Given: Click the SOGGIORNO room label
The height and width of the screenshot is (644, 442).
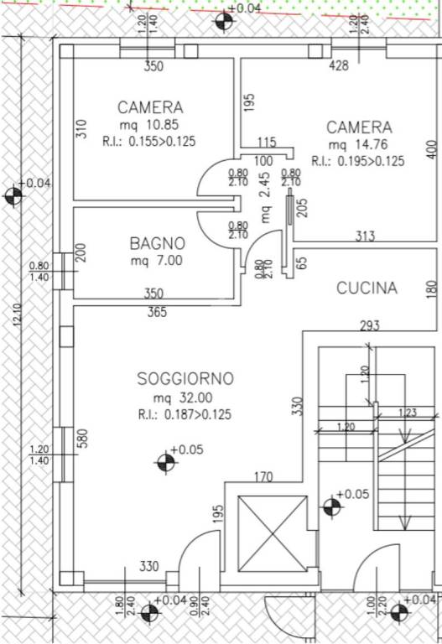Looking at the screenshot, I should pyautogui.click(x=185, y=379).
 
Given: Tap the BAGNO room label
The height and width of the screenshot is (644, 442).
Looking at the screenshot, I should pyautogui.click(x=157, y=243).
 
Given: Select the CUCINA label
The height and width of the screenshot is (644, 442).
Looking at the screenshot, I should pyautogui.click(x=367, y=288).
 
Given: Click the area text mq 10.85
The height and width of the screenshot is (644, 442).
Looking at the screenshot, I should pyautogui.click(x=149, y=125).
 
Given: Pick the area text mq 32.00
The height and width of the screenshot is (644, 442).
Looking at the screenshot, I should pyautogui.click(x=183, y=397).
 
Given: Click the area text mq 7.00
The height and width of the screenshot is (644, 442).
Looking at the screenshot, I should pyautogui.click(x=156, y=260).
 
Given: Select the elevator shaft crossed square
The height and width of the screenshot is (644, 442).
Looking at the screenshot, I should pyautogui.click(x=273, y=531).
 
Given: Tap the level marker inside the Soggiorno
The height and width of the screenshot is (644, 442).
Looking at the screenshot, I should pyautogui.click(x=165, y=460).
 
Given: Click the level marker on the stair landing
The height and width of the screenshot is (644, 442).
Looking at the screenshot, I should pyautogui.click(x=331, y=506).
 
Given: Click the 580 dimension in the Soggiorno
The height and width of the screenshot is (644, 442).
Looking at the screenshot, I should pyautogui.click(x=81, y=439).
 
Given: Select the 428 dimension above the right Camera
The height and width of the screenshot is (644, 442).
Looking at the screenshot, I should pyautogui.click(x=338, y=65).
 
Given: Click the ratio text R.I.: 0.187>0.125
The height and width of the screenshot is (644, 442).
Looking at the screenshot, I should pyautogui.click(x=185, y=414).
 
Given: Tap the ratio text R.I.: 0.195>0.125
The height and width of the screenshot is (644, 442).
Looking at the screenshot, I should pyautogui.click(x=357, y=161).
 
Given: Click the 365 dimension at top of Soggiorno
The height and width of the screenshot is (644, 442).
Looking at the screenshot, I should pyautogui.click(x=157, y=313).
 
